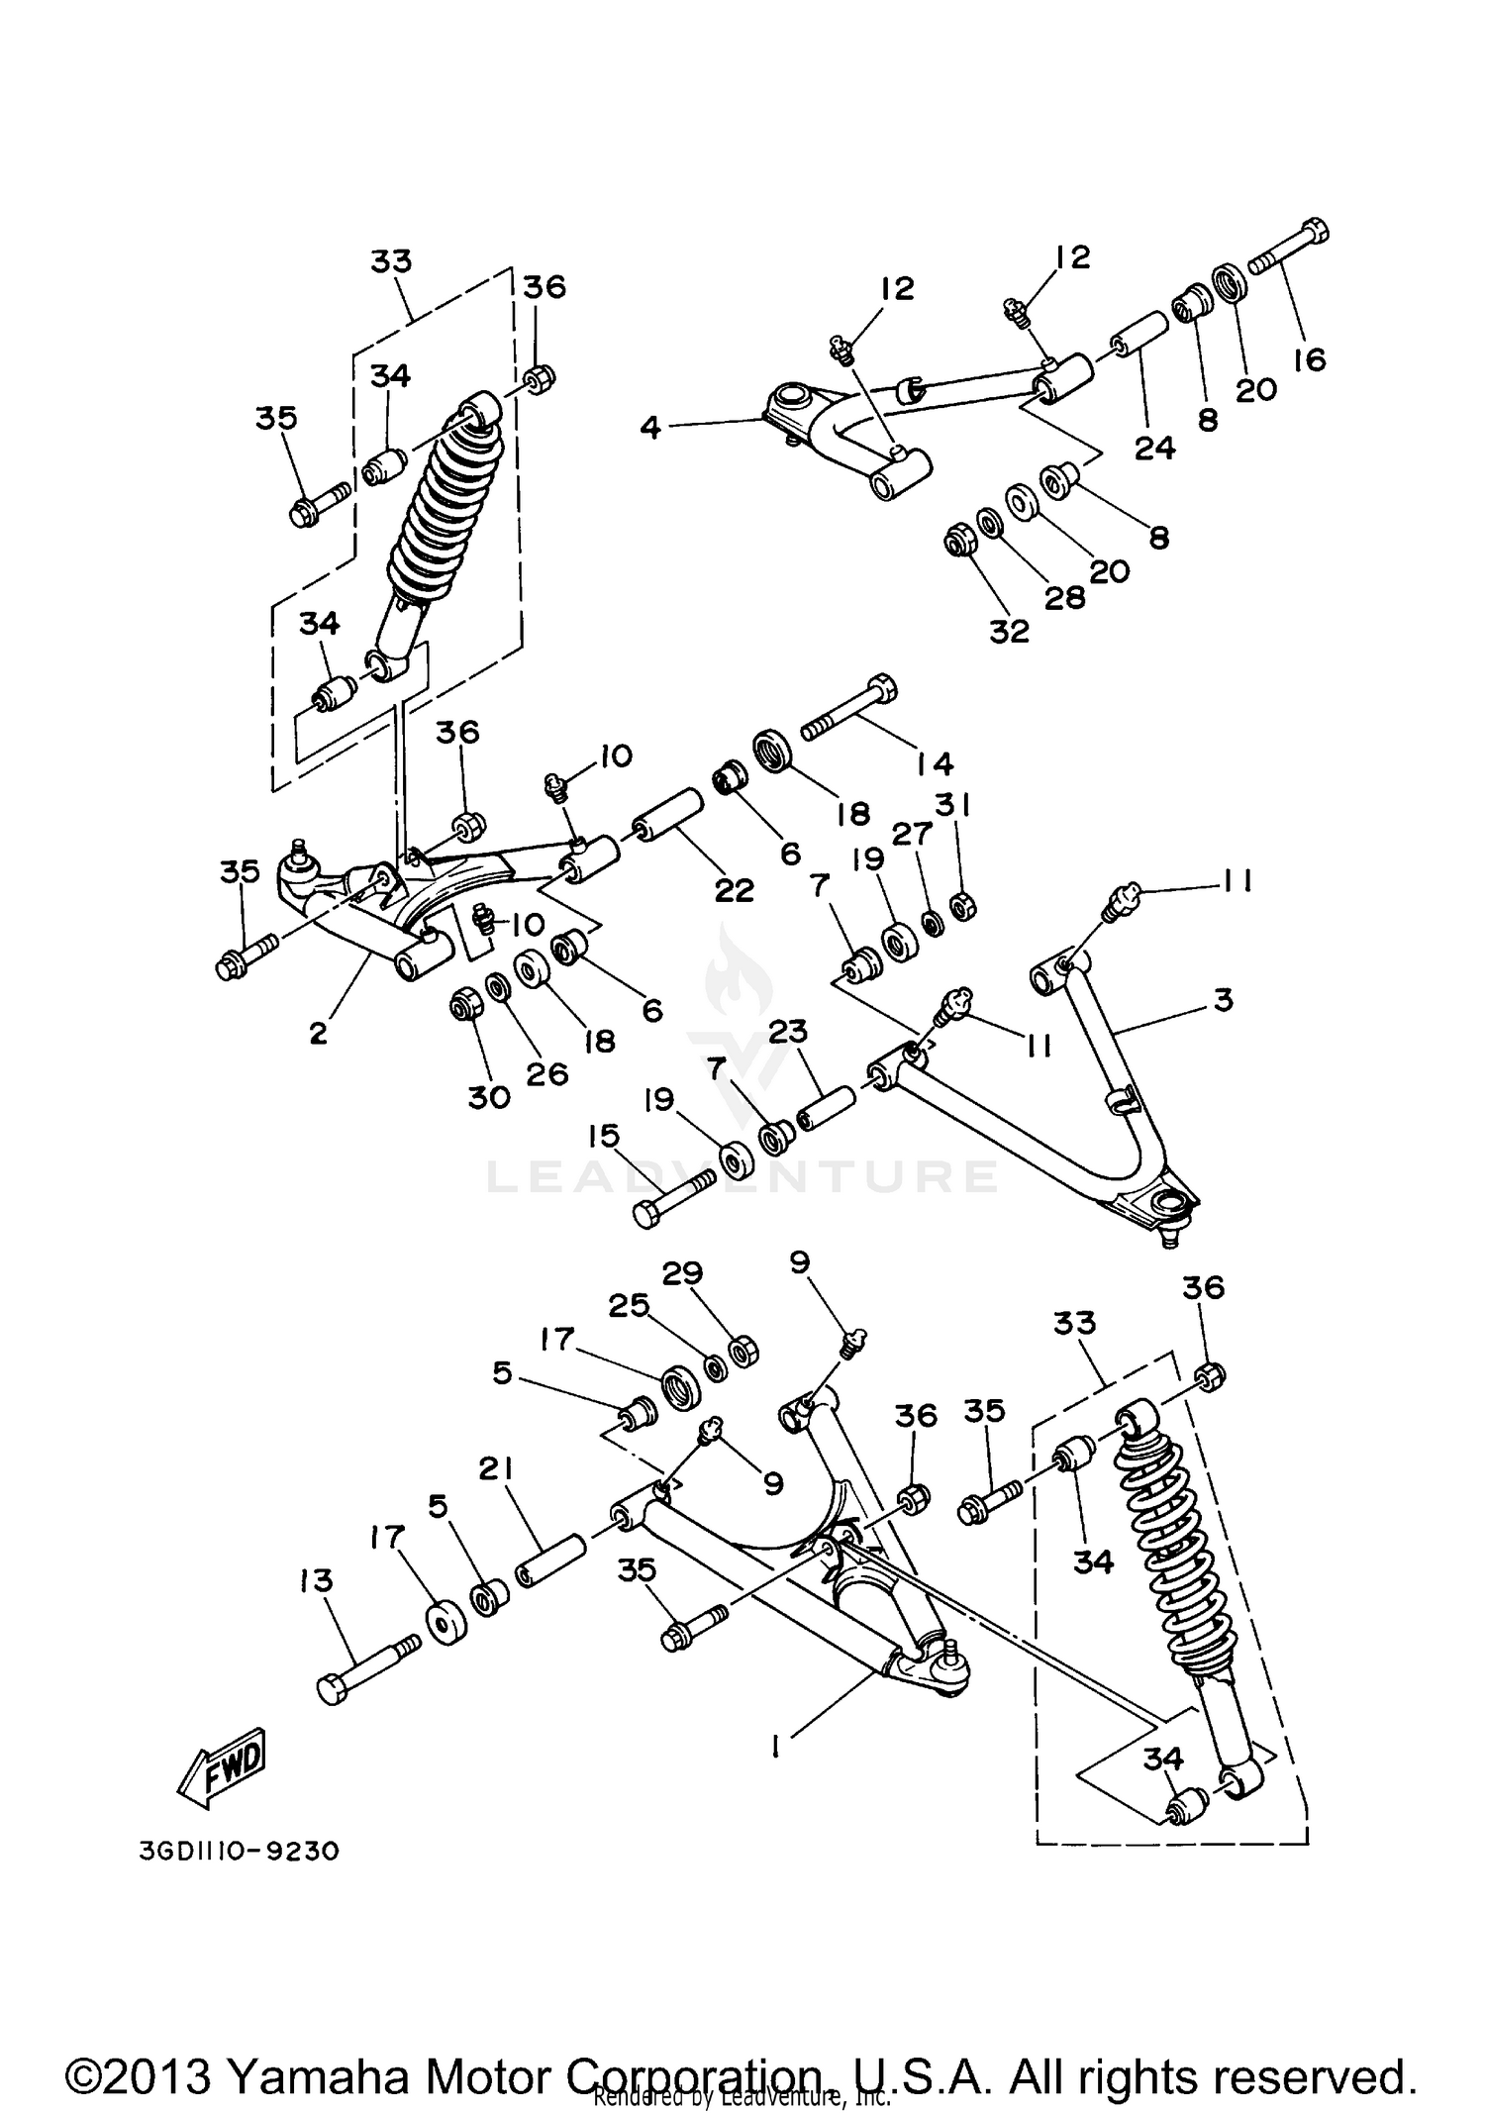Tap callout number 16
tap(1309, 358)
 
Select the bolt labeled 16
tap(1288, 247)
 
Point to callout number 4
tap(649, 428)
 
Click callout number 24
tap(1154, 448)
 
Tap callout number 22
tap(734, 889)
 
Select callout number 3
tap(1224, 999)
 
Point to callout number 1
tap(776, 1748)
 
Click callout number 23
tap(789, 1032)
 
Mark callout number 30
tap(489, 1096)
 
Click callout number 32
tap(1009, 630)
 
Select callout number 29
tap(682, 1272)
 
